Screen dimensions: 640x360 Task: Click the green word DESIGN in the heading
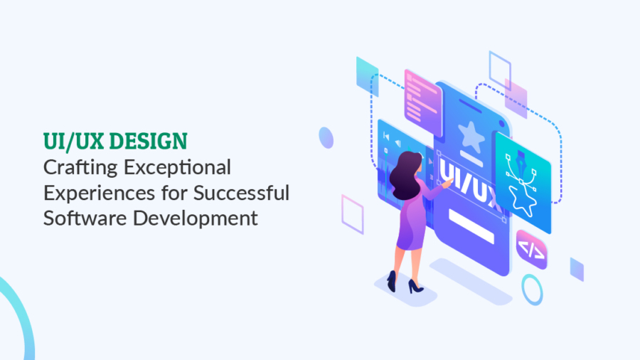tap(149, 141)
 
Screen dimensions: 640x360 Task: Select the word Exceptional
tap(178, 168)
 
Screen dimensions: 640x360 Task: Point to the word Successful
tap(241, 193)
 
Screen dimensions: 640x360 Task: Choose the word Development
tap(196, 218)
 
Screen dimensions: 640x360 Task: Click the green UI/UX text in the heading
tap(74, 141)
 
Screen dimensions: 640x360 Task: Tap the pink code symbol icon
tap(531, 250)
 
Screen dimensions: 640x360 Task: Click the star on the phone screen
tap(471, 137)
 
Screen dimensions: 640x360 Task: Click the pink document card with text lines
tap(423, 103)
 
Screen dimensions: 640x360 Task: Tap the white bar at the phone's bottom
tap(471, 226)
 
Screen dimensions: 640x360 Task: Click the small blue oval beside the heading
tap(326, 137)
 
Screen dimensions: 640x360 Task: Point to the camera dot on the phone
tap(501, 124)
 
